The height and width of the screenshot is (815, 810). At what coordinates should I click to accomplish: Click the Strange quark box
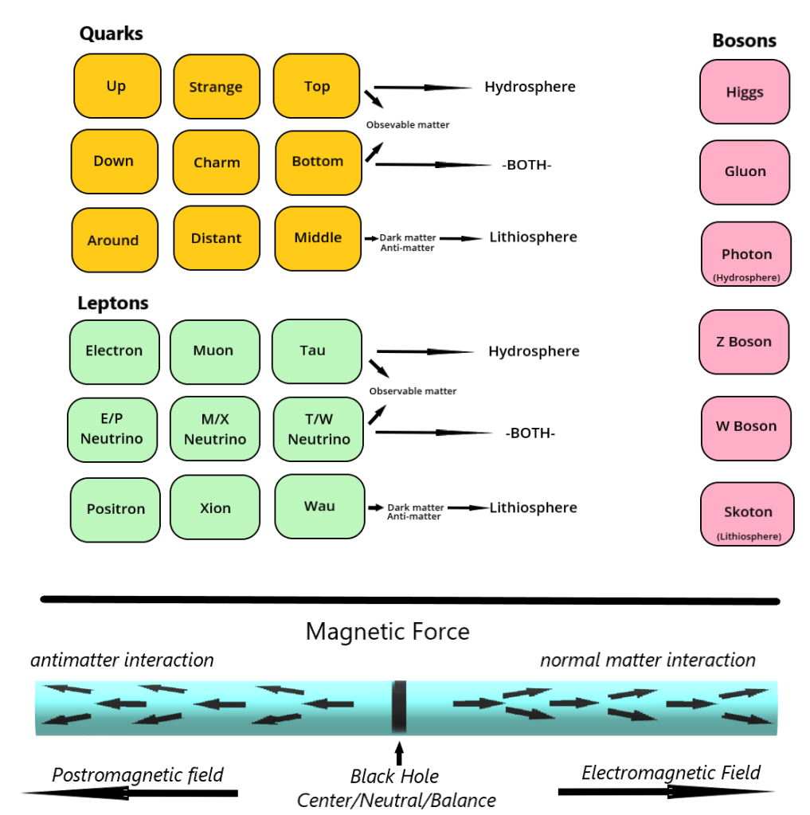pyautogui.click(x=216, y=87)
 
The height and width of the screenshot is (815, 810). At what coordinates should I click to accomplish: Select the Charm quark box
pyautogui.click(x=217, y=163)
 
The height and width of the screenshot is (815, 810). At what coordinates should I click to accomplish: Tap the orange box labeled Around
pyautogui.click(x=113, y=240)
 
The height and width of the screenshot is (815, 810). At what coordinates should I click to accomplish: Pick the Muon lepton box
pyautogui.click(x=213, y=351)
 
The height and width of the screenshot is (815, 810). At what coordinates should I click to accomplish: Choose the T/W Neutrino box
pyautogui.click(x=319, y=430)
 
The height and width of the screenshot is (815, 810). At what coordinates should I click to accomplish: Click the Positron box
pyautogui.click(x=115, y=509)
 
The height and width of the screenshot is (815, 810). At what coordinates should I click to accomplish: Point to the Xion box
pyautogui.click(x=215, y=509)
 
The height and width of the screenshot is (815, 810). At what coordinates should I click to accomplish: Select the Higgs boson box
pyautogui.click(x=745, y=92)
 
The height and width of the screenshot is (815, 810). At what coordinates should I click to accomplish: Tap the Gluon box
pyautogui.click(x=745, y=172)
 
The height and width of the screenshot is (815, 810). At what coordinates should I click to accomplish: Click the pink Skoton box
pyautogui.click(x=747, y=515)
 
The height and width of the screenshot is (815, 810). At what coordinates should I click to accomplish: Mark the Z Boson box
pyautogui.click(x=744, y=342)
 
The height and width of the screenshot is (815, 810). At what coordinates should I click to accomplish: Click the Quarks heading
pyautogui.click(x=112, y=34)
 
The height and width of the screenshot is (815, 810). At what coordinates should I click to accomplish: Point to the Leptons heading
pyautogui.click(x=113, y=304)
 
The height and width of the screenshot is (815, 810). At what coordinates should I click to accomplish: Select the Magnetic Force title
pyautogui.click(x=388, y=633)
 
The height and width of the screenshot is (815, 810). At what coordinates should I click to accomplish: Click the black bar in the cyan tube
pyautogui.click(x=399, y=707)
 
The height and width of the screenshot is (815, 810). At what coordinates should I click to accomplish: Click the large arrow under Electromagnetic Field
pyautogui.click(x=666, y=792)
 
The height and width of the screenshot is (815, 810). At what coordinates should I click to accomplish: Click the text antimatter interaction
pyautogui.click(x=122, y=660)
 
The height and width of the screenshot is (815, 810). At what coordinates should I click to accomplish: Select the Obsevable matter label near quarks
pyautogui.click(x=408, y=125)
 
